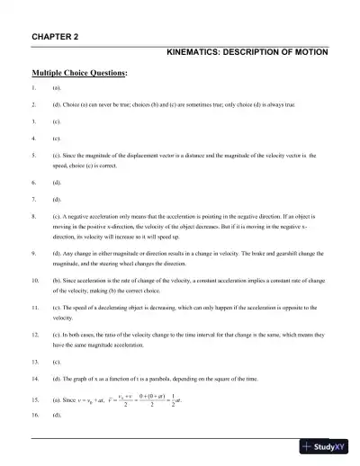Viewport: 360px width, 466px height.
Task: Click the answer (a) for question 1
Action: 56,91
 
